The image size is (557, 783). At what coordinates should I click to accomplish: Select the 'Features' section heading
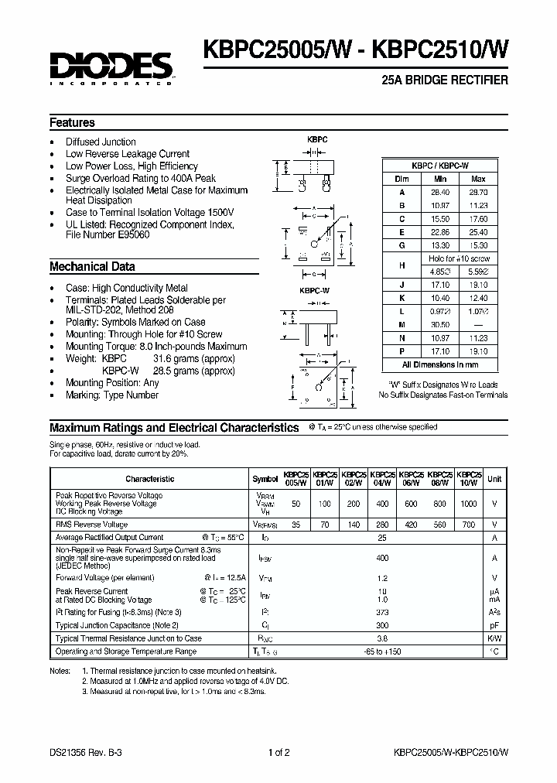pos(72,123)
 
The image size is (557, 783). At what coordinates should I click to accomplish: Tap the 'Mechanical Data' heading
pos(92,267)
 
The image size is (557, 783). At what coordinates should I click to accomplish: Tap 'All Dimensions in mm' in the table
pos(440,364)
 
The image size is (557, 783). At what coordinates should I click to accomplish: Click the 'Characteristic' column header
pos(150,479)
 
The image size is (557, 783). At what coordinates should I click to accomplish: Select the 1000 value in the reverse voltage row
pos(469,504)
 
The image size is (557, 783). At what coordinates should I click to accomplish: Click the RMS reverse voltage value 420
pos(412,524)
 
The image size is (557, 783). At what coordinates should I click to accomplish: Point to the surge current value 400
pos(381,557)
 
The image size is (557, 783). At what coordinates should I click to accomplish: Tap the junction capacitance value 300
pos(381,624)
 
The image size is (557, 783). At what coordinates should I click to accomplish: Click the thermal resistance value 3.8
pos(381,638)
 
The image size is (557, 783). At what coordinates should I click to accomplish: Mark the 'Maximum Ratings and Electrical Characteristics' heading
pos(174,428)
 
